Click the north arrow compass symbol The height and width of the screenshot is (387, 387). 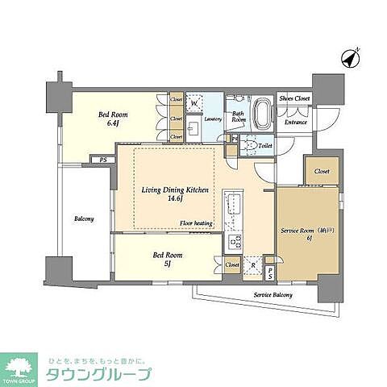coord(352,58)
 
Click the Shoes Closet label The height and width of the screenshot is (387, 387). coord(294,98)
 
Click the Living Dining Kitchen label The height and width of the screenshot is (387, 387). coord(175,190)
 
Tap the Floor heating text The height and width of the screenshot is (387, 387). coord(196,223)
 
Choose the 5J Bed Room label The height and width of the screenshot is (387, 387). coord(164,259)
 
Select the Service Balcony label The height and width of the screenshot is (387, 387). coord(273,295)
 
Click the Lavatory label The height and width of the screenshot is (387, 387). coord(213,119)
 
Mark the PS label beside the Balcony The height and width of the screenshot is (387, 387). coord(103,160)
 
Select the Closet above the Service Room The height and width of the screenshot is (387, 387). coord(322,171)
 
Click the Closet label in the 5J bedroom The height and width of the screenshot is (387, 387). coord(232,264)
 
